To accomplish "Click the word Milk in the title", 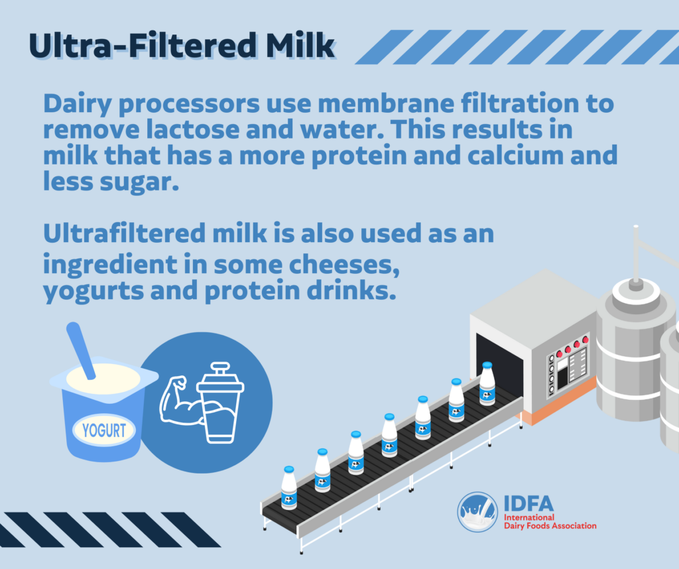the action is click(300, 45).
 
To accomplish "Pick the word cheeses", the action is click(344, 265).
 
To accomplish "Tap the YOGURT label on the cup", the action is click(104, 430).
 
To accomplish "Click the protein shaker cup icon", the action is click(220, 403).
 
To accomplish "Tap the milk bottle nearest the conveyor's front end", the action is click(289, 487).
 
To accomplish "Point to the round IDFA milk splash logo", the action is click(477, 512).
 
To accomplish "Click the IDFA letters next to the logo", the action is click(528, 503).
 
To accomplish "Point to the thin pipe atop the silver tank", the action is click(636, 253).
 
